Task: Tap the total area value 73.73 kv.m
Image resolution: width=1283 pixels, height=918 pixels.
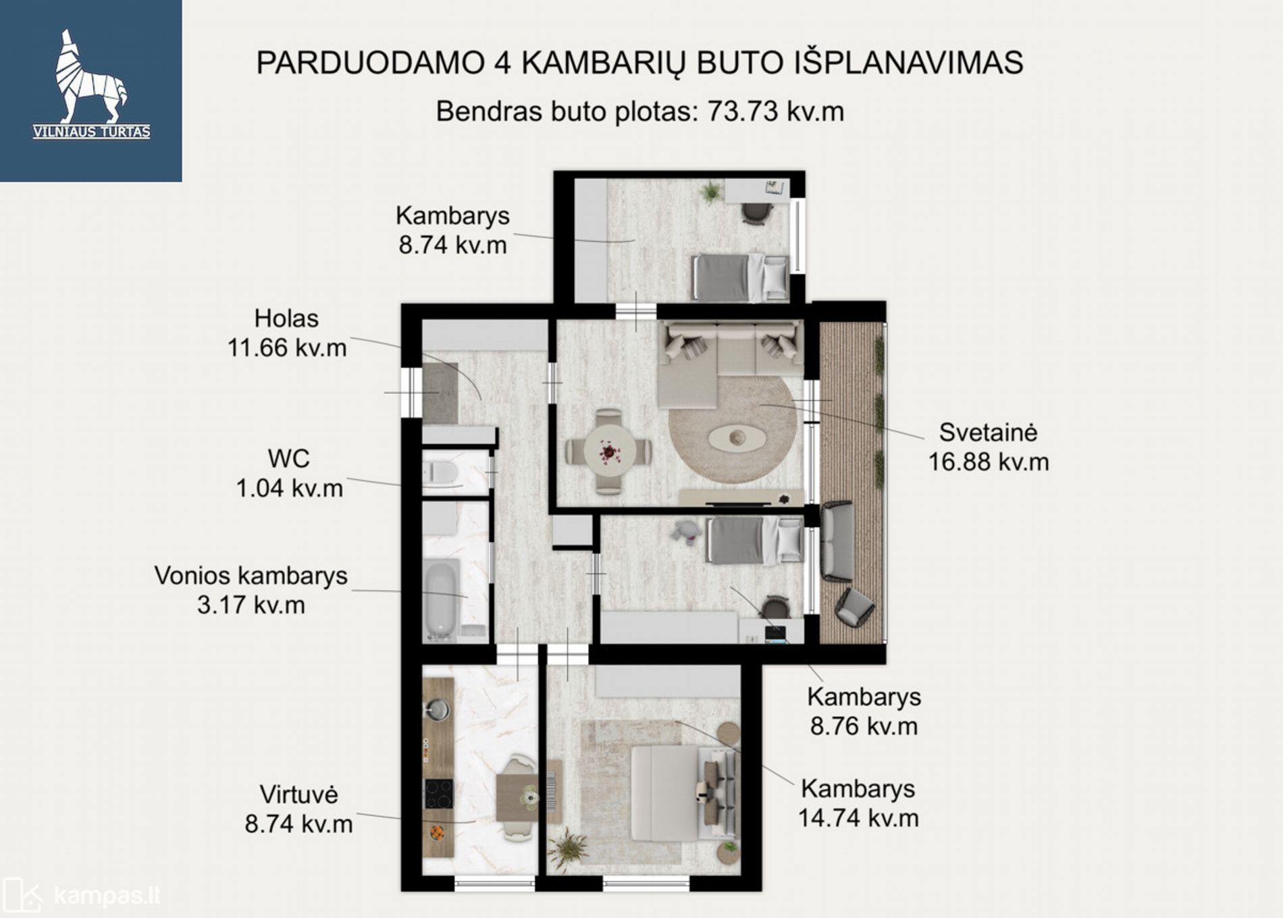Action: [775, 111]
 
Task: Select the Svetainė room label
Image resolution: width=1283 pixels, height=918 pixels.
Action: [988, 432]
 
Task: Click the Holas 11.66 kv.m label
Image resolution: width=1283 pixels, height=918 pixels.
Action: [287, 333]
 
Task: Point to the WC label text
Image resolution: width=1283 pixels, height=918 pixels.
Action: [288, 459]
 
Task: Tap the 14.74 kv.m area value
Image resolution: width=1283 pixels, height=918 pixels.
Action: [858, 818]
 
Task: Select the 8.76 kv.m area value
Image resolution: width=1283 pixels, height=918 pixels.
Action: [864, 726]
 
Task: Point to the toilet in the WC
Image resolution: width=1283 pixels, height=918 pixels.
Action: [440, 472]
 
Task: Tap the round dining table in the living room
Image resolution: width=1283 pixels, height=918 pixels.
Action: [609, 452]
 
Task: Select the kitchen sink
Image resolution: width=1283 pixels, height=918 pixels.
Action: [438, 709]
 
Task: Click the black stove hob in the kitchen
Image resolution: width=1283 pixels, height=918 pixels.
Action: [439, 794]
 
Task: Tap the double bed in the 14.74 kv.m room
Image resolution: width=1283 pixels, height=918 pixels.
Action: [682, 793]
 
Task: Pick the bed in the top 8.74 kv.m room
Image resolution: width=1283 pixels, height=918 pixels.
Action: [740, 277]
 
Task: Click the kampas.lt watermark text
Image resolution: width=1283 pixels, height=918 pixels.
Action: [107, 896]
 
